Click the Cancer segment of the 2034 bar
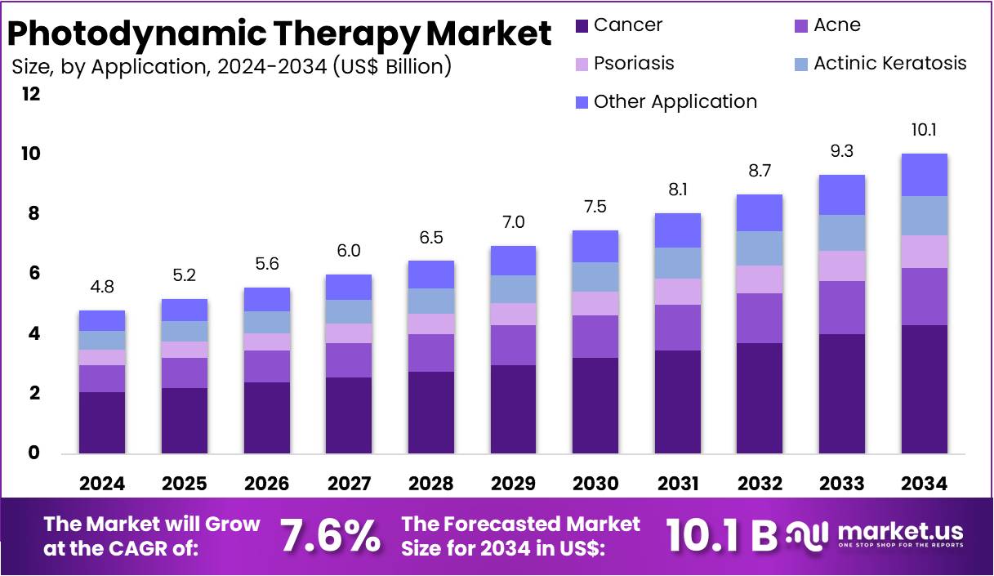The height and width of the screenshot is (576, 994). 924,389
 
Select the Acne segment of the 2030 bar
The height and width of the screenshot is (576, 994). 595,336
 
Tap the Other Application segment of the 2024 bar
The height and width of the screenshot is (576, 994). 102,320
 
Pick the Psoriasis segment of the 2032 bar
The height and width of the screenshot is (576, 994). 759,279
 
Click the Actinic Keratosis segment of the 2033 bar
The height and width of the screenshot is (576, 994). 841,233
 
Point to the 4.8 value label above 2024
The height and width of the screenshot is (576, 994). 102,287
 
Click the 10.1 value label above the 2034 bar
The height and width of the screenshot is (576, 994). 924,130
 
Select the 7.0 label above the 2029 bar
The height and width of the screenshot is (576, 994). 512,222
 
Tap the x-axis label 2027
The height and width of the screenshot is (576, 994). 349,484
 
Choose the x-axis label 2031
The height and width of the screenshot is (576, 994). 677,484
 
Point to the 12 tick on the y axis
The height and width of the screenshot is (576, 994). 31,94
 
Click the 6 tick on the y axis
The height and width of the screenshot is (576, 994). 35,274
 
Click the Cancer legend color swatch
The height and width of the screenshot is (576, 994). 582,26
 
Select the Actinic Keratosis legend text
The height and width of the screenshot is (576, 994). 889,64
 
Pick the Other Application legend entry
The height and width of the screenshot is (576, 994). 675,102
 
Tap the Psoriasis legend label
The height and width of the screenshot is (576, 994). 634,64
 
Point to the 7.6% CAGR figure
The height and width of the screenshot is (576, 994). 330,536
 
